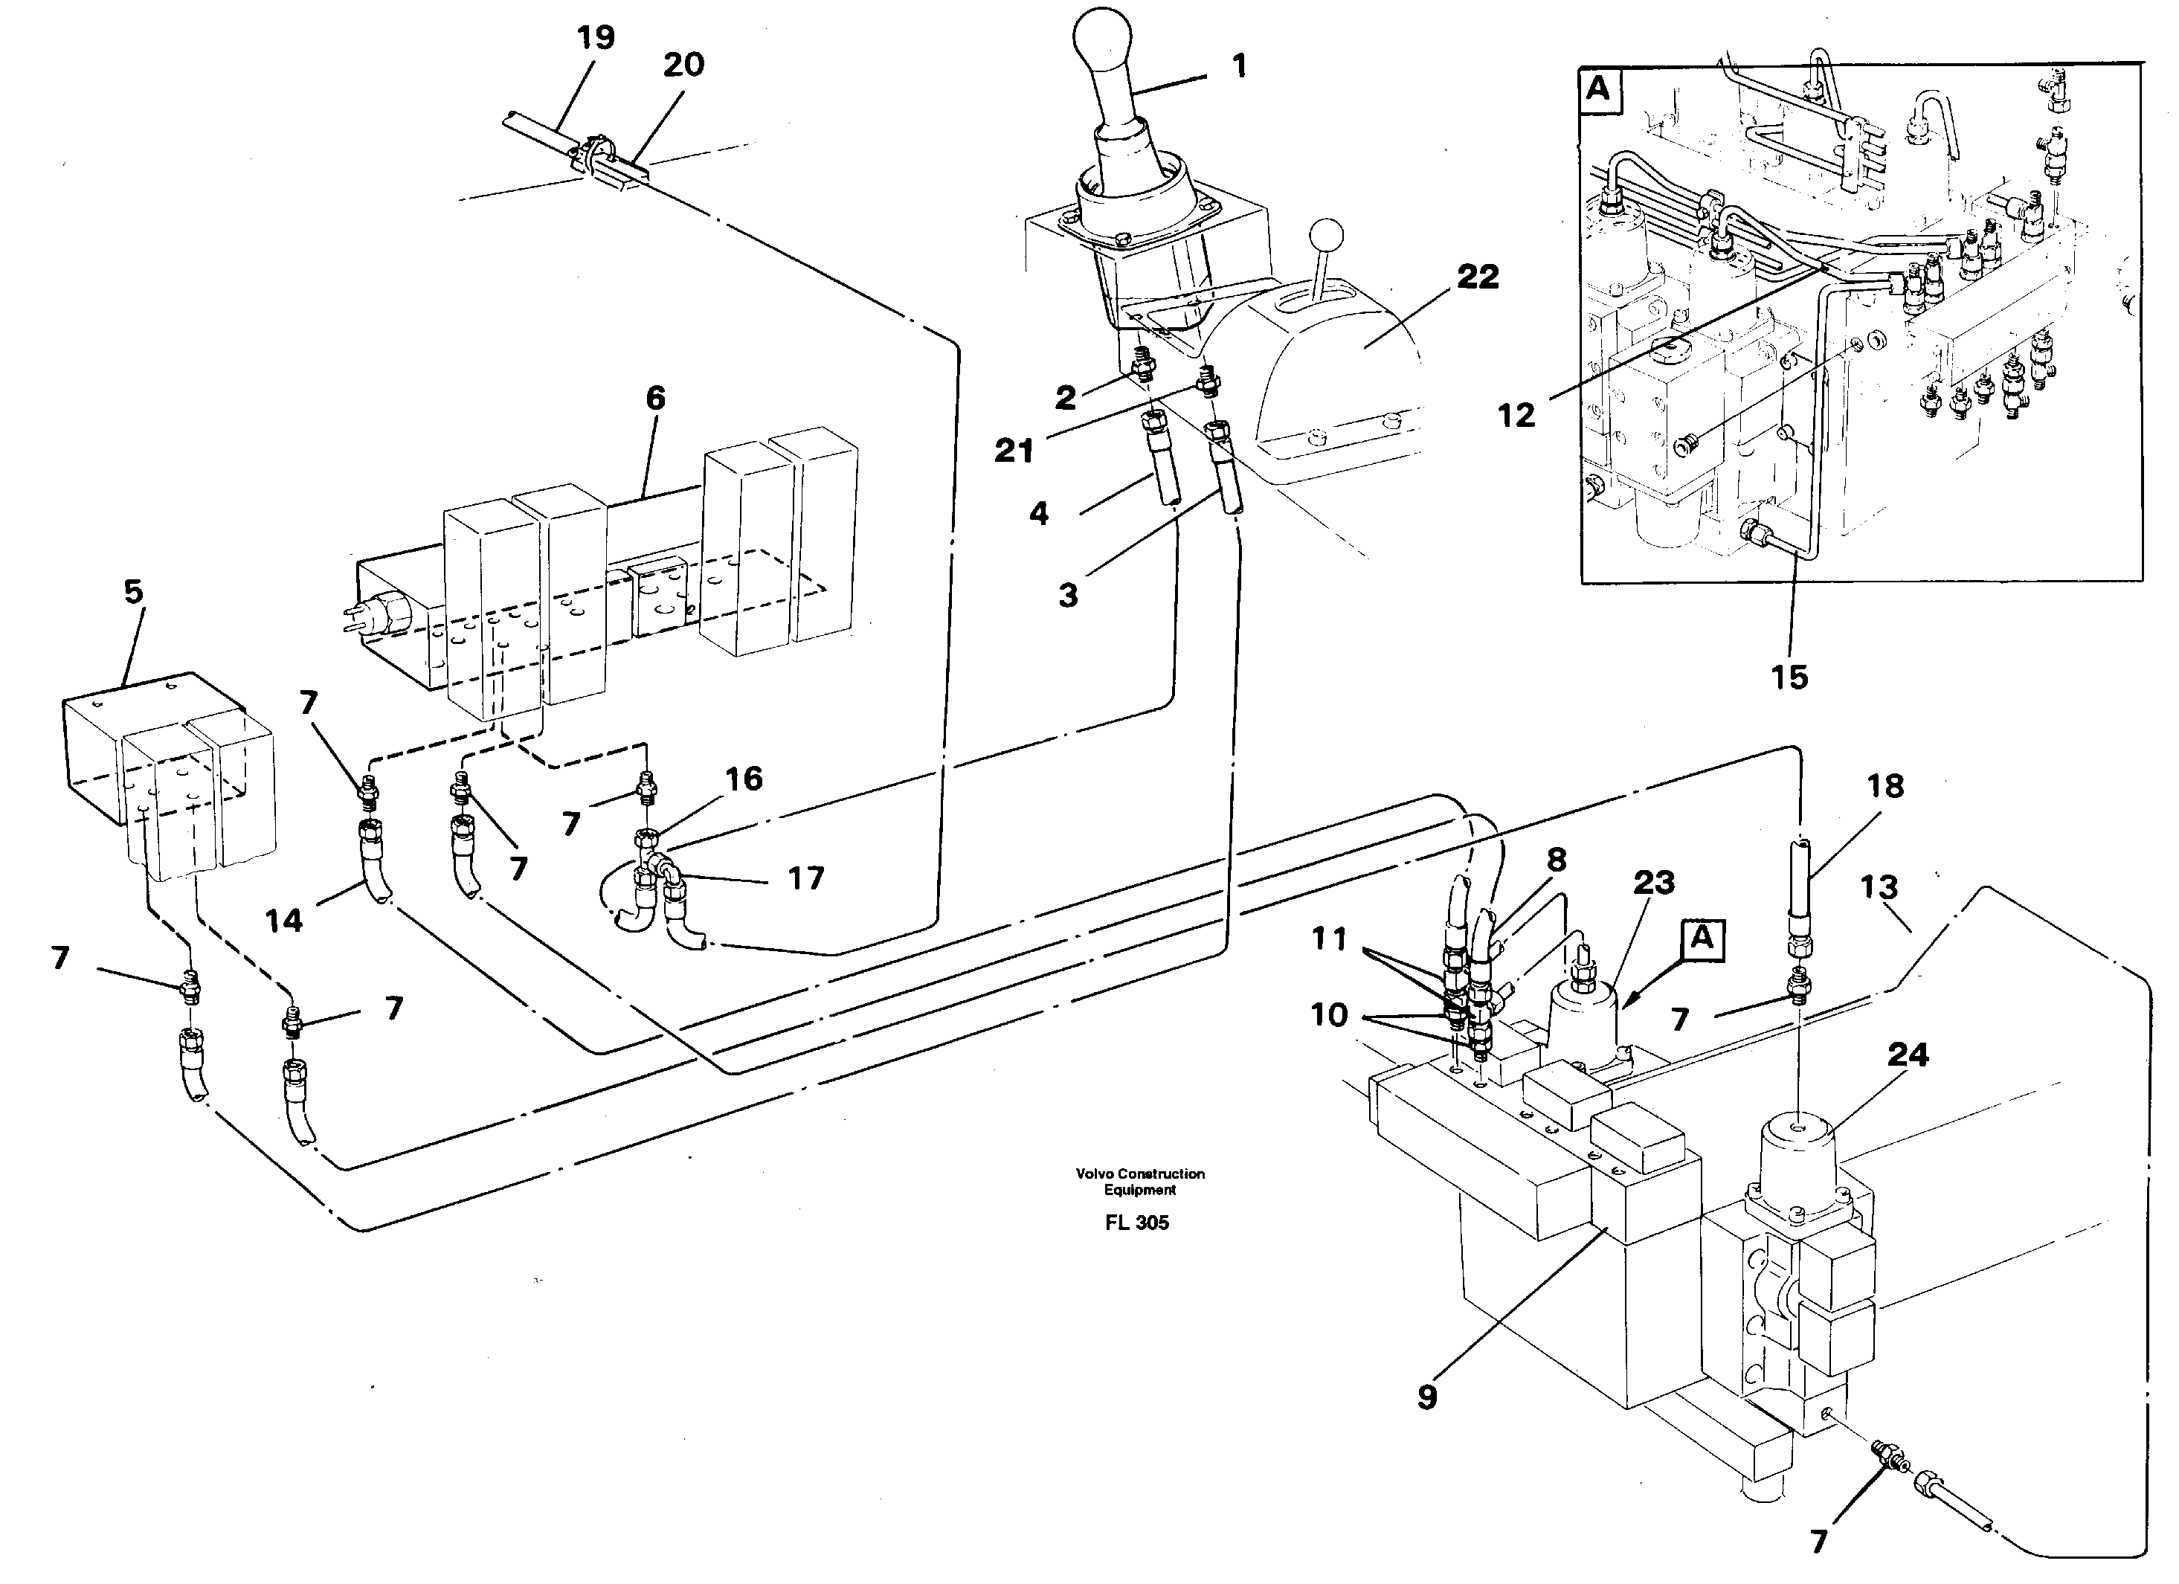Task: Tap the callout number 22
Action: [x=1478, y=277]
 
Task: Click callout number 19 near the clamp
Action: [x=596, y=37]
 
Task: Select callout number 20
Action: [x=683, y=65]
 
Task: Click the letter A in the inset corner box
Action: [x=1597, y=88]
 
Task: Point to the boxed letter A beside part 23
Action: [x=1702, y=938]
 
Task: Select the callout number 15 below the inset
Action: [x=1789, y=677]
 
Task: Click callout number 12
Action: [x=1516, y=415]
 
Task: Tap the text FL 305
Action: [x=1136, y=1222]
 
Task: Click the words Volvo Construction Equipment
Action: [x=1139, y=1180]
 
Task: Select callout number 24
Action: [x=1907, y=1055]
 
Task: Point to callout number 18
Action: [x=1885, y=786]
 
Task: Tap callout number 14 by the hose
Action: [x=283, y=920]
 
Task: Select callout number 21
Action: [x=1014, y=450]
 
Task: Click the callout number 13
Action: [x=1879, y=886]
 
